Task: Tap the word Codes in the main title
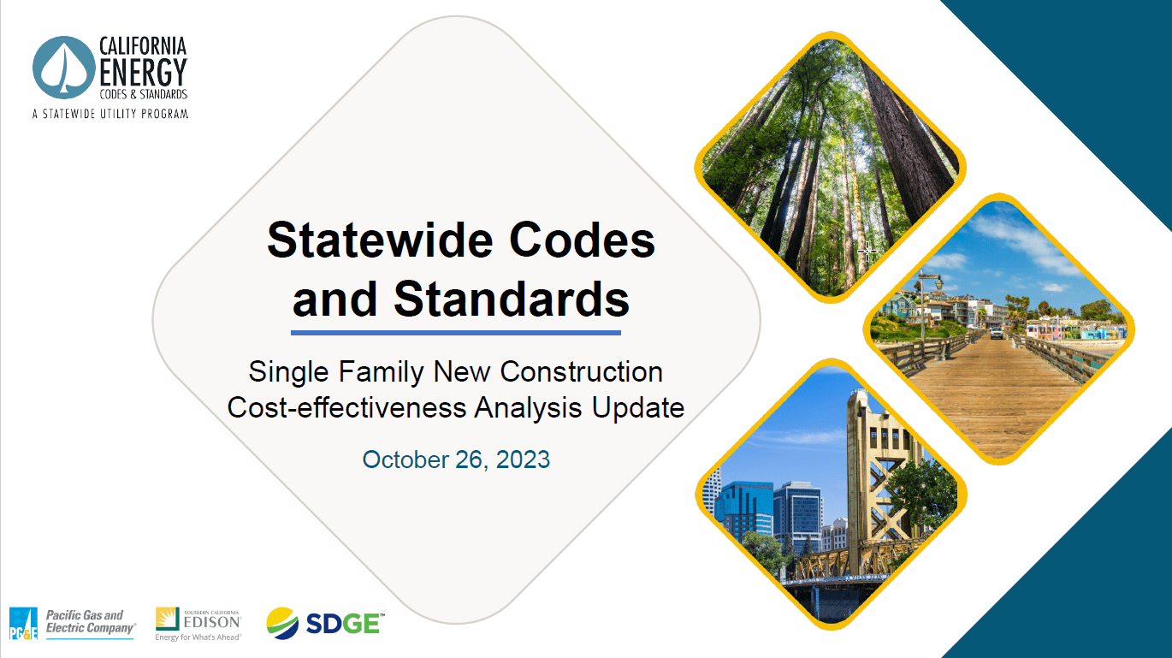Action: [583, 240]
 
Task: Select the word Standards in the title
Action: [512, 299]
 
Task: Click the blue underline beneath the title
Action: [455, 332]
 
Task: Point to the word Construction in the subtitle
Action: [581, 372]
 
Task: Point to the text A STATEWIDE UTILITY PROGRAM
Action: [110, 113]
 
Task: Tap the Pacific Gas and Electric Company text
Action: [90, 622]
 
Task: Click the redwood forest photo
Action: [830, 163]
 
